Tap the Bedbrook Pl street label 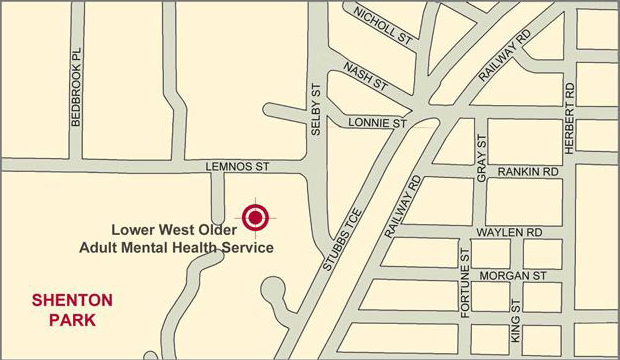(x=75, y=96)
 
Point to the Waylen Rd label (x=509, y=232)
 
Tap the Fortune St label (x=465, y=283)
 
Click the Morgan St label (x=511, y=274)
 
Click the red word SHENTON (x=72, y=300)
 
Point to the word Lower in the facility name (x=134, y=228)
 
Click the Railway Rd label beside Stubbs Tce (x=404, y=206)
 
